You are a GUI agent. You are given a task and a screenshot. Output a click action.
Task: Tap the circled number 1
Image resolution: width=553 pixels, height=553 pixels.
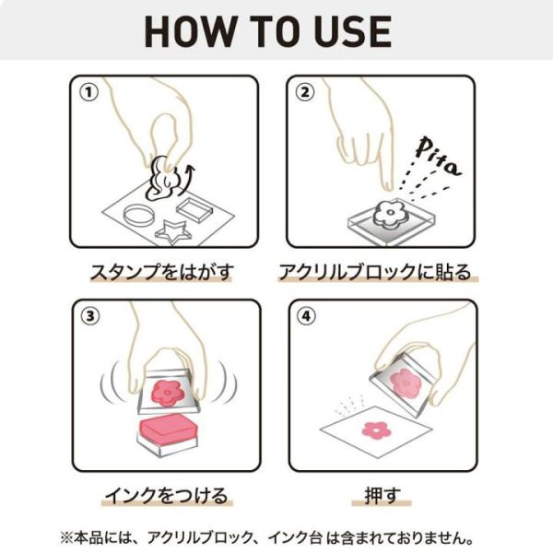pos(88,92)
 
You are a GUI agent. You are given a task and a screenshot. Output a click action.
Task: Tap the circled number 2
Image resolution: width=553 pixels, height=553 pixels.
pos(305,92)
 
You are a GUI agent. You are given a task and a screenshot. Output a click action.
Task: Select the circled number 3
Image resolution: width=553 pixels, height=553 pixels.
pos(90,316)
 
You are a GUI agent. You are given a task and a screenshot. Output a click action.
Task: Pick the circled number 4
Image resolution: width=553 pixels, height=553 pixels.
pos(306,316)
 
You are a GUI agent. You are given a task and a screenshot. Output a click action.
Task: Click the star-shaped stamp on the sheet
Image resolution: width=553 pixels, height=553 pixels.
pos(173,232)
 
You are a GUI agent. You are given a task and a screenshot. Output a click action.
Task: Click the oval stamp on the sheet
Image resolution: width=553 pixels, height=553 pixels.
pos(138,215)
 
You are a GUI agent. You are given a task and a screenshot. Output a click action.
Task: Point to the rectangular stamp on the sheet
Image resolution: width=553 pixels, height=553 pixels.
pos(194,209)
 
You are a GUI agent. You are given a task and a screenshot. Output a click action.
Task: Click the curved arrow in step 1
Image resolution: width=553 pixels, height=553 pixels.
pos(187,180)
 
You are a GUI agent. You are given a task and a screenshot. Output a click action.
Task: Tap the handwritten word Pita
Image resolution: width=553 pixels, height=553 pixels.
pos(438,157)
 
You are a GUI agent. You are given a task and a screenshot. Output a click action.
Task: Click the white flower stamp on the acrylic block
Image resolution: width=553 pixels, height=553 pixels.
pos(390,214)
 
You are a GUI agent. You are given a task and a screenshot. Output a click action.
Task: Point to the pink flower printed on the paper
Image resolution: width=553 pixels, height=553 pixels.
pos(377,430)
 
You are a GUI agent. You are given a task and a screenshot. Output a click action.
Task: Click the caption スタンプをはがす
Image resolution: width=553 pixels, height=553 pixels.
pos(162,272)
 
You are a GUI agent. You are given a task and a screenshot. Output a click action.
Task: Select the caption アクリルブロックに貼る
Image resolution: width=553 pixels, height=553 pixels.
pos(375,272)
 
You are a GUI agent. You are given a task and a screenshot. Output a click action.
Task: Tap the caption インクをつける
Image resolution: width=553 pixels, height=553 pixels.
pos(167,496)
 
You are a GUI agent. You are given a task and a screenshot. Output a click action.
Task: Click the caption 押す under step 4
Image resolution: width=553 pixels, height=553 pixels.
pos(382,496)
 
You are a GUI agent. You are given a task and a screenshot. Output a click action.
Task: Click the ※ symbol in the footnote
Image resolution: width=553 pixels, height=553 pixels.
pos(66,538)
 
